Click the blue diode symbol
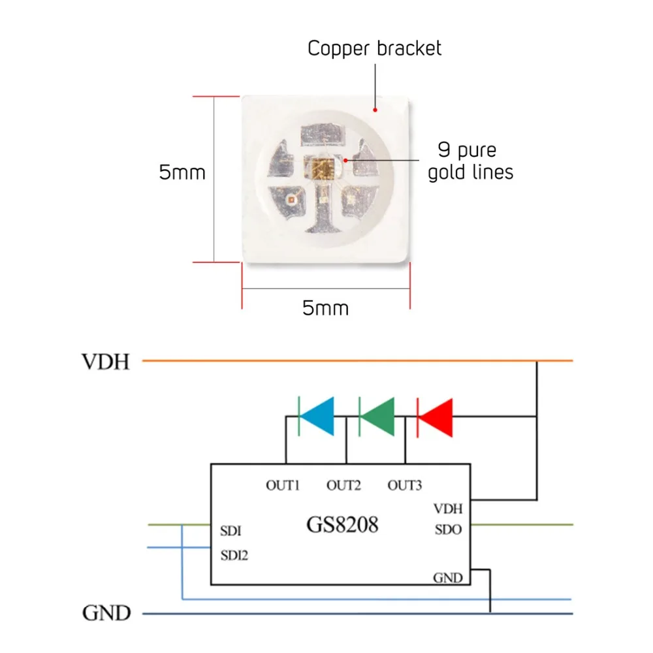[x=317, y=417]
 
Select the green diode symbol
[x=377, y=417]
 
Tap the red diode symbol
[x=435, y=417]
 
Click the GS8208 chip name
[x=342, y=524]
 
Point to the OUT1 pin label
[x=283, y=485]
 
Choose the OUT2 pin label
[x=343, y=485]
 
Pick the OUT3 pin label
[x=404, y=485]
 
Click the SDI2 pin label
[x=234, y=555]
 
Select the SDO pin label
[x=448, y=530]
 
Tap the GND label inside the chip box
[x=448, y=578]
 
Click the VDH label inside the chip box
[x=448, y=509]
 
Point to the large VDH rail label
[x=106, y=362]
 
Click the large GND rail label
[x=106, y=613]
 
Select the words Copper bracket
[x=374, y=48]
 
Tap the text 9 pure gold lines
[x=471, y=161]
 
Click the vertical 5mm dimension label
[x=182, y=172]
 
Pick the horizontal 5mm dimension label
[x=326, y=308]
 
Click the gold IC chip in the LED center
[x=320, y=167]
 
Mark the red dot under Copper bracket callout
[x=375, y=110]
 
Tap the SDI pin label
[x=231, y=531]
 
